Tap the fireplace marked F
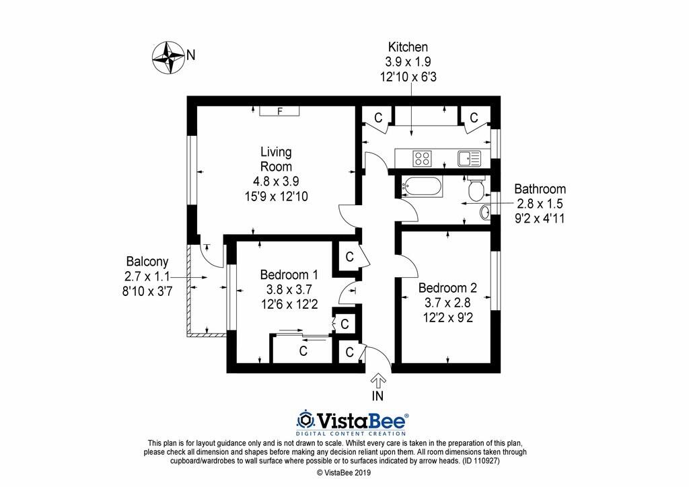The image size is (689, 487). pyautogui.click(x=279, y=112)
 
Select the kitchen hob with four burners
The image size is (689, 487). pyautogui.click(x=423, y=159)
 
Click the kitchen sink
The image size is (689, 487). pyautogui.click(x=468, y=159)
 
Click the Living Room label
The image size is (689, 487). pyautogui.click(x=277, y=159)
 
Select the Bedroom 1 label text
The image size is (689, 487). pyautogui.click(x=289, y=274)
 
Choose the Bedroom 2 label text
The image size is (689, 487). pyautogui.click(x=447, y=288)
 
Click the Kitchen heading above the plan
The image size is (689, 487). pyautogui.click(x=408, y=47)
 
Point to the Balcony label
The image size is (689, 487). pyautogui.click(x=147, y=262)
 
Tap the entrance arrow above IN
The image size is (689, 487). pyautogui.click(x=378, y=381)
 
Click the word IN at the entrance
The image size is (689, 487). pyautogui.click(x=378, y=397)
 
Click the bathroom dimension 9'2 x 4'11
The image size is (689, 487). pyautogui.click(x=540, y=217)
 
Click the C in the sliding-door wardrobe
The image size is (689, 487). pyautogui.click(x=303, y=350)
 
